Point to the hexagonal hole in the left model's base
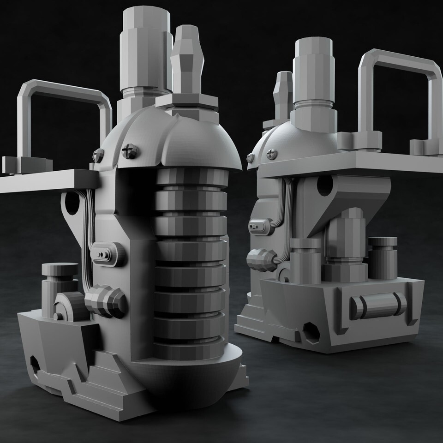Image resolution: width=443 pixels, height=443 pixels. click(35, 363)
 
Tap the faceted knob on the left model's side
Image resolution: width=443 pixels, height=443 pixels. click(105, 301)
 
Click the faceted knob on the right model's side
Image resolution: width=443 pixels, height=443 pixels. click(261, 260)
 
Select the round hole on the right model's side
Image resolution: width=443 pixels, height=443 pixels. click(325, 185)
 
